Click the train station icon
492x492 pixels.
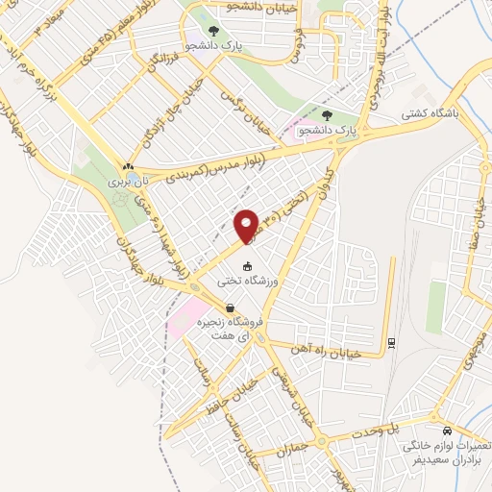click(x=392, y=342)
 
